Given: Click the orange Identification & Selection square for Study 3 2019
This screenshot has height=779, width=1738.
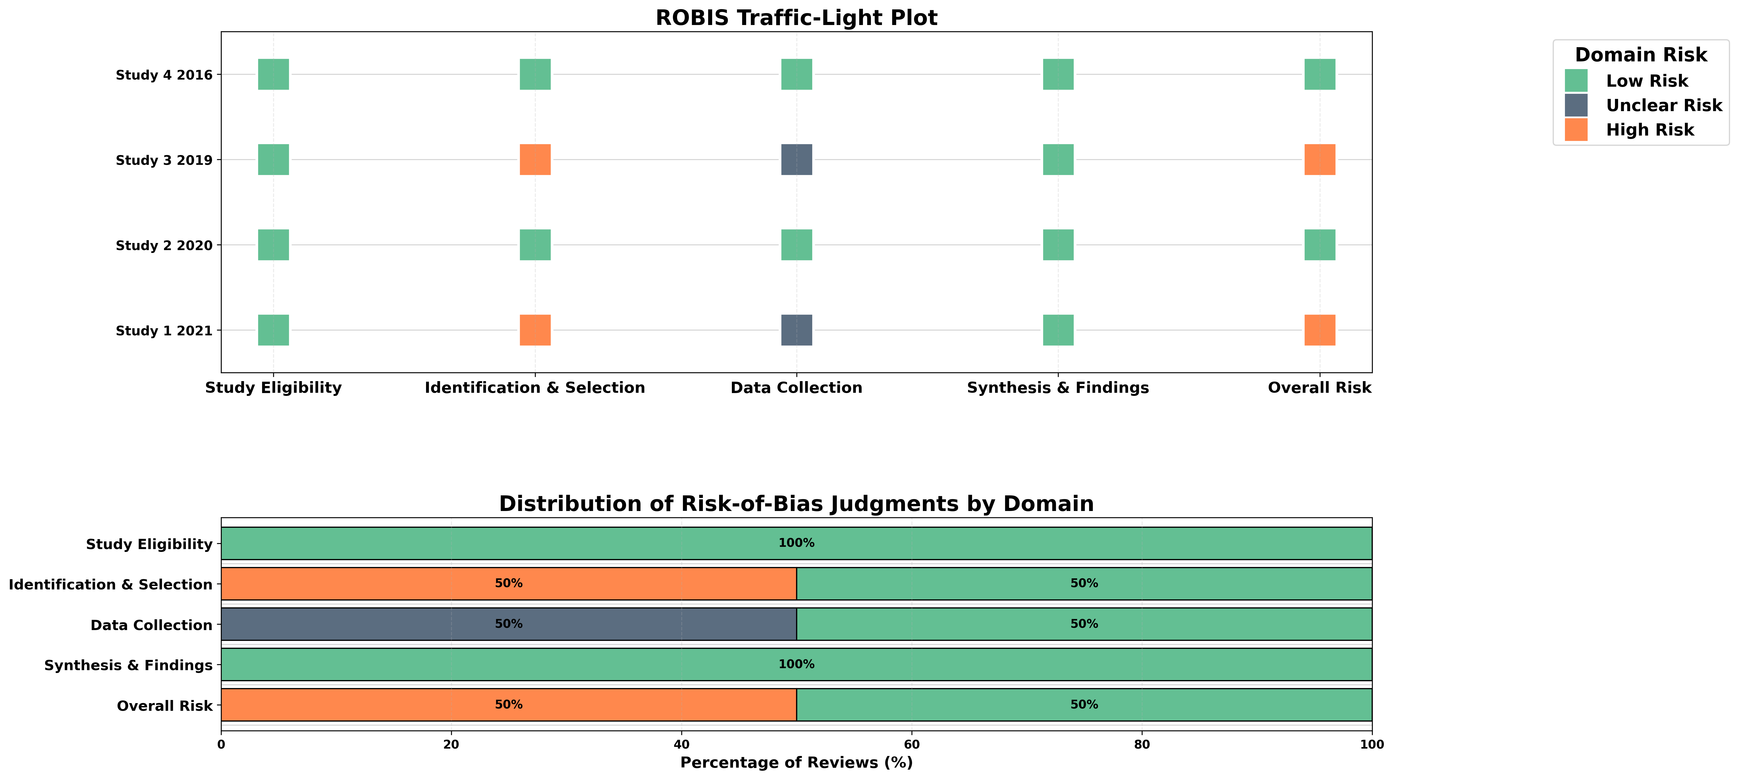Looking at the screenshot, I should click(535, 160).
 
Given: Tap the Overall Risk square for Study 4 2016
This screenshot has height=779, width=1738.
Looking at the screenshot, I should click(1320, 74).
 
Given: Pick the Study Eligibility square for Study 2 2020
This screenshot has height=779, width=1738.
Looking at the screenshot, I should click(273, 245).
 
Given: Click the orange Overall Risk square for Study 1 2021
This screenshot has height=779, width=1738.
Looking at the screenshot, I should click(1320, 331).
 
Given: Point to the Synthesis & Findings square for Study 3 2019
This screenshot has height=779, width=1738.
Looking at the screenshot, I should click(1058, 160).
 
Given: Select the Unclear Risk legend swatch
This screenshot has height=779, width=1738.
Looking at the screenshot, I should click(1576, 105).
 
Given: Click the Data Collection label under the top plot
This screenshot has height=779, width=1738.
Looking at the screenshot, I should click(796, 388).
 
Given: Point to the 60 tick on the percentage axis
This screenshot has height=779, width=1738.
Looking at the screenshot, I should click(911, 745).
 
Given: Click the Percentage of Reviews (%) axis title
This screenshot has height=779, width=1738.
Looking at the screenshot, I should click(796, 763).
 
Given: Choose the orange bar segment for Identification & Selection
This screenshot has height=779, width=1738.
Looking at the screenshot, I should click(509, 583).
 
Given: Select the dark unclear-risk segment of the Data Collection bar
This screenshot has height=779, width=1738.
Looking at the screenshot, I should click(509, 624).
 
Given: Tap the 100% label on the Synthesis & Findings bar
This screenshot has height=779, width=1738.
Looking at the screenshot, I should click(796, 664).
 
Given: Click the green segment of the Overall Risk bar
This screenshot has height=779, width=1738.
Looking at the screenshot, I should click(1084, 705).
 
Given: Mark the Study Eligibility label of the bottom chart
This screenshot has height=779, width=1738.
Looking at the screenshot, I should click(149, 544).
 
